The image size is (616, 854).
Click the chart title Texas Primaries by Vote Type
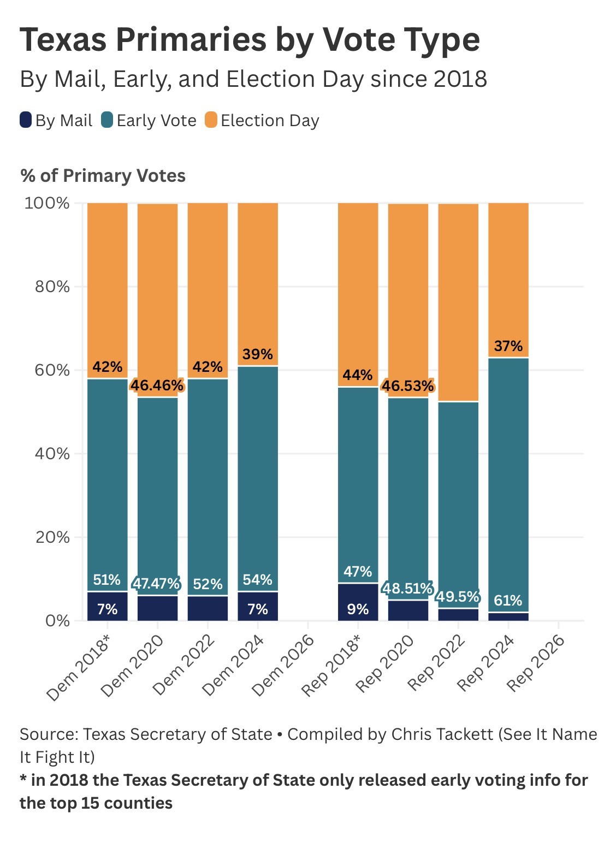coord(250,40)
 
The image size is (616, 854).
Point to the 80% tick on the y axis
coord(53,287)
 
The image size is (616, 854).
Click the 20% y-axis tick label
coord(53,537)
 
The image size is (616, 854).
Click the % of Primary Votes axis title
coord(103,176)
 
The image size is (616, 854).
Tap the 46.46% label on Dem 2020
coord(157,386)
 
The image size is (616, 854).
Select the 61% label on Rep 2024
coord(508,601)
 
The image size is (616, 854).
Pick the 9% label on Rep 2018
coord(358,609)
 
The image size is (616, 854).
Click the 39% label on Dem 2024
coord(258,354)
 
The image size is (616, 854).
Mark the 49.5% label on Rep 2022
coord(458,596)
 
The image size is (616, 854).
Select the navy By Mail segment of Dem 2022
coord(208,608)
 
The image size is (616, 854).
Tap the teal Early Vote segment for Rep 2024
coord(508,481)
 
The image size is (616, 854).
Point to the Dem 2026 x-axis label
coord(284,664)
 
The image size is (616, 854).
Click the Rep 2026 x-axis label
coord(535,663)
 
